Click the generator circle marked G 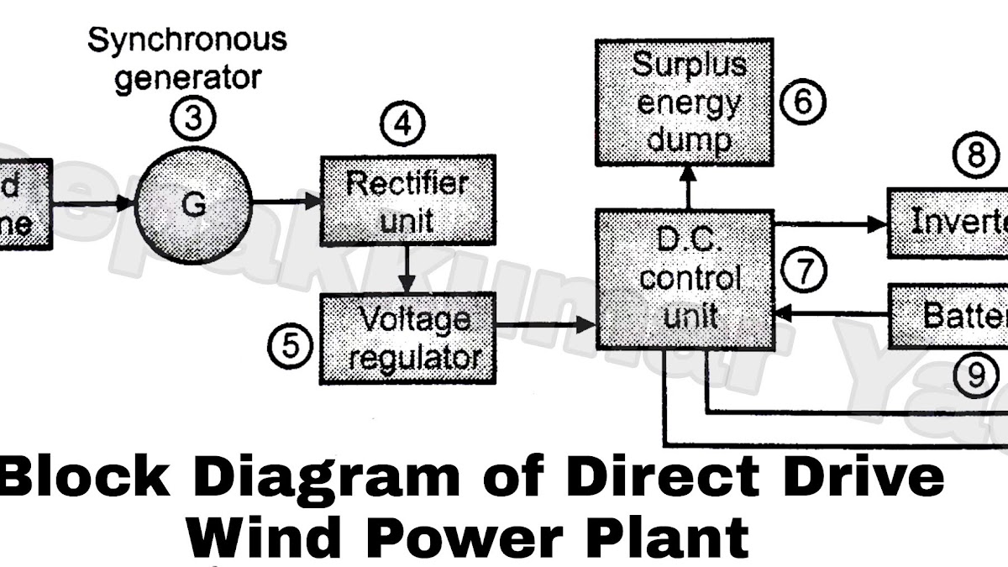(x=194, y=204)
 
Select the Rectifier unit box (x=407, y=202)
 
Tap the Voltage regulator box (x=407, y=338)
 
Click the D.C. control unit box (x=685, y=280)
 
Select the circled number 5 (x=290, y=345)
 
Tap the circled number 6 (x=802, y=103)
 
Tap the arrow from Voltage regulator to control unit (x=546, y=324)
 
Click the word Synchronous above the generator (x=187, y=40)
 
